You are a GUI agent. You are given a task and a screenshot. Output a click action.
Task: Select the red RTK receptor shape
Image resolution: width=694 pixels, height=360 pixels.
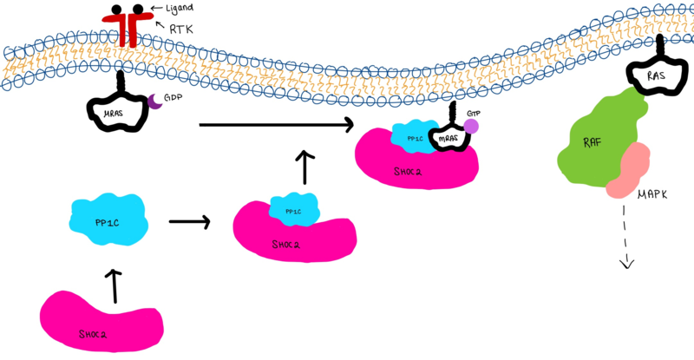click(x=128, y=24)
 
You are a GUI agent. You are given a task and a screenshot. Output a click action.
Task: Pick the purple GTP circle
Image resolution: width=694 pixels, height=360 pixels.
click(x=470, y=127)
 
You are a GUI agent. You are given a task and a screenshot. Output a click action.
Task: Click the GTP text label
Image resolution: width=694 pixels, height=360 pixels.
click(x=473, y=114)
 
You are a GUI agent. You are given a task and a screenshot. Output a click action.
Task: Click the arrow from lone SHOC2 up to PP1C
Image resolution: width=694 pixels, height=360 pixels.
click(x=113, y=285)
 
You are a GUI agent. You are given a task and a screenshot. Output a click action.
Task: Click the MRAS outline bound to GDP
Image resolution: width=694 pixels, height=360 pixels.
click(x=118, y=112)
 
